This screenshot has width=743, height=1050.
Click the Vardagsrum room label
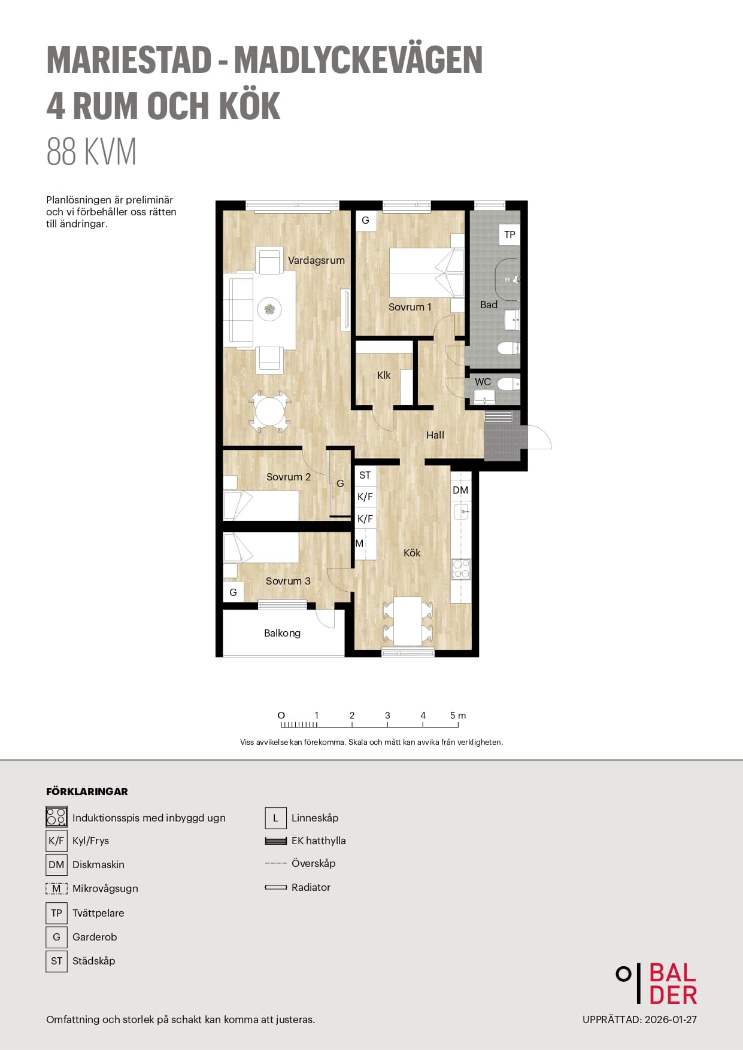[x=316, y=260]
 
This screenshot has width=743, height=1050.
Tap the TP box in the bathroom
[x=510, y=235]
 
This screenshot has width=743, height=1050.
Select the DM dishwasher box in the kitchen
[x=460, y=491]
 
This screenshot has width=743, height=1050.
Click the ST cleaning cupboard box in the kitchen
[x=365, y=475]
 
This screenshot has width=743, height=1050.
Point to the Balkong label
[x=282, y=633]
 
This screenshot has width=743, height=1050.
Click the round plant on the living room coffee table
[x=270, y=309]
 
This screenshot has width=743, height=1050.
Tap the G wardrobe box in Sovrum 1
[x=365, y=220]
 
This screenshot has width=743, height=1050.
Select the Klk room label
[x=384, y=375]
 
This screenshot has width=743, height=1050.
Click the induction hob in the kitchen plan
[x=461, y=569]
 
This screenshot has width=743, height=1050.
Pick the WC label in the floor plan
[x=483, y=382]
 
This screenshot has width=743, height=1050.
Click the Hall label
[x=435, y=435]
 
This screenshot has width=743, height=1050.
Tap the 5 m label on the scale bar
[x=458, y=715]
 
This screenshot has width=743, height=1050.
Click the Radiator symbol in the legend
[x=276, y=887]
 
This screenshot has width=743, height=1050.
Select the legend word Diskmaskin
[x=98, y=865]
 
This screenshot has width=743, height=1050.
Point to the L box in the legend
[x=275, y=818]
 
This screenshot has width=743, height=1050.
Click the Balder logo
[x=657, y=984]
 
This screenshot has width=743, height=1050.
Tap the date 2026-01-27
[x=671, y=1019]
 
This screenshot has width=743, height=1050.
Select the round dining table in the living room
[x=270, y=412]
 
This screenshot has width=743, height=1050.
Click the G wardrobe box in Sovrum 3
[x=233, y=592]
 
